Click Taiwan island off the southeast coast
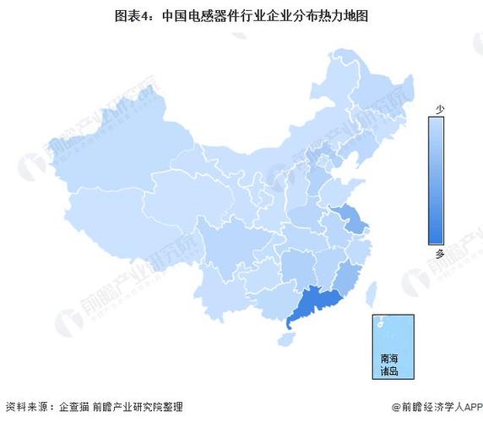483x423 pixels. (x=370, y=293)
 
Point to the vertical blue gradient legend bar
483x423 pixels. (x=437, y=181)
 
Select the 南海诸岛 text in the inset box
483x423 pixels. (x=389, y=364)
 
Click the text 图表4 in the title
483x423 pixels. (x=138, y=15)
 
